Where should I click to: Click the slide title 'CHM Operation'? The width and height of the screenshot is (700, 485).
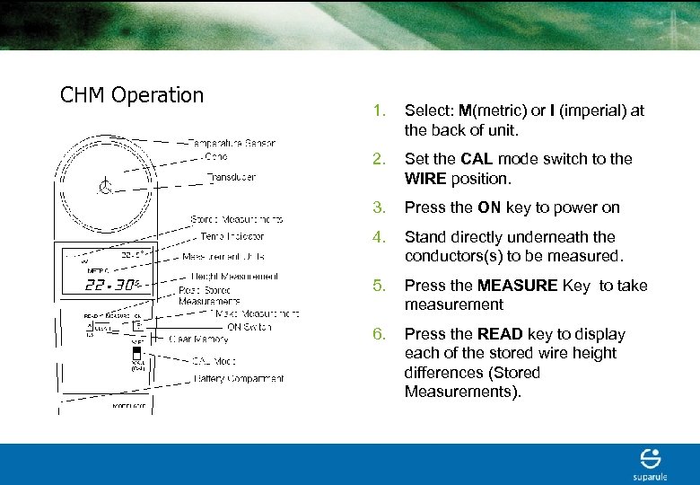click(x=132, y=95)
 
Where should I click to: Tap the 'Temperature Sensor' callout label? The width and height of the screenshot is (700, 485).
click(x=232, y=143)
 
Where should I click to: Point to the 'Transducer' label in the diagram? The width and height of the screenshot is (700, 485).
click(x=232, y=177)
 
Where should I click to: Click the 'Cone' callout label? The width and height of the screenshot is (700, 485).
click(x=216, y=155)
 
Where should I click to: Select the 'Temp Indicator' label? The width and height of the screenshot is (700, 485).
click(x=232, y=236)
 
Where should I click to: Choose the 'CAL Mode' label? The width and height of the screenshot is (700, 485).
click(x=215, y=360)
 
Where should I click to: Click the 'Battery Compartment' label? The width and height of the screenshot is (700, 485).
click(x=240, y=379)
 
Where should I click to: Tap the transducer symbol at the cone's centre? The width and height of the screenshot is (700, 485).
click(x=104, y=188)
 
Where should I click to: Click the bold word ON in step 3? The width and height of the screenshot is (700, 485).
click(x=489, y=207)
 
